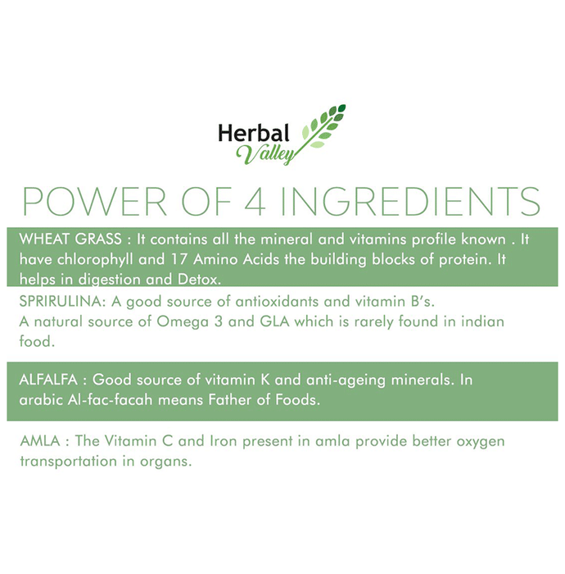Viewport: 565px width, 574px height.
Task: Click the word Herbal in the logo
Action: point(254,133)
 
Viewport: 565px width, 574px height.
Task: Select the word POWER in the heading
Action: point(95,202)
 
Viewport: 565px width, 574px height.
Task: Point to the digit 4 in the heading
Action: point(255,202)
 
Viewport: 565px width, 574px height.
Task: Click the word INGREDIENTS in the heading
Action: point(410,202)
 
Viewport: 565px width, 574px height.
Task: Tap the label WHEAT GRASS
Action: point(70,239)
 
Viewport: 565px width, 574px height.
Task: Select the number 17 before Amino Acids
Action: point(179,260)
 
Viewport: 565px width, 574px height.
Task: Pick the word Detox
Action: point(199,280)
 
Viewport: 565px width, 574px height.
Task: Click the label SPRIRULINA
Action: point(62,302)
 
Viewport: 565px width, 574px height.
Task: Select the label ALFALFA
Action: point(48,380)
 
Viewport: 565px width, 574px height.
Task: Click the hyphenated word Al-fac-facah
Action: point(110,400)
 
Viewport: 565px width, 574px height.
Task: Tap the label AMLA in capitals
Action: point(40,441)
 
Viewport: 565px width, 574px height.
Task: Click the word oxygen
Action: point(481,442)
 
